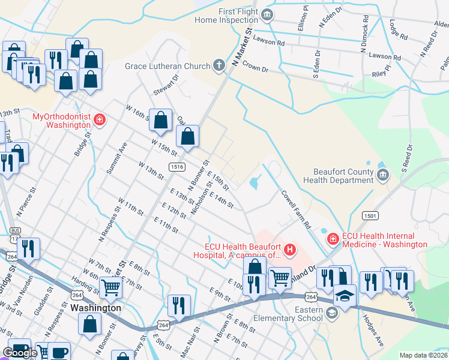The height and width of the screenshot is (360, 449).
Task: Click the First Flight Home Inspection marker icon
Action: tap(267, 14)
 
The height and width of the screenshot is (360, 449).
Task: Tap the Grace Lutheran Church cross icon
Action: tap(219, 65)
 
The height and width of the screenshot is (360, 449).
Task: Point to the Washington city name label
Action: tap(95, 308)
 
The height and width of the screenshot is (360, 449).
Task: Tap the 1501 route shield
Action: tap(370, 215)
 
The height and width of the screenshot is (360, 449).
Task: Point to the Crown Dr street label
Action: tap(255, 68)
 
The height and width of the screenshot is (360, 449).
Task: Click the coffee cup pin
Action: tap(58, 352)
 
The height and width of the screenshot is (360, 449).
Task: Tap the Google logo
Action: tap(20, 353)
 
